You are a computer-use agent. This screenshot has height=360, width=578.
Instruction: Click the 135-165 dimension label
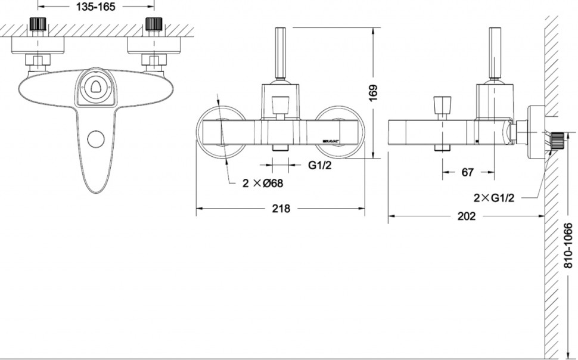[x=97, y=7]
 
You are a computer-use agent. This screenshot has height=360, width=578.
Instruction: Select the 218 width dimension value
[x=281, y=209]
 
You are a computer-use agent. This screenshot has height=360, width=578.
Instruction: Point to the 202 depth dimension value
[x=466, y=216]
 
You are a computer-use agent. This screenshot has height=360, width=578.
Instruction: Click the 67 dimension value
[x=467, y=172]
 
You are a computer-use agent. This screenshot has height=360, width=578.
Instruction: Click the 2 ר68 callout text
[x=262, y=184]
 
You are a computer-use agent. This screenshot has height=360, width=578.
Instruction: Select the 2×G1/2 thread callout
[x=493, y=197]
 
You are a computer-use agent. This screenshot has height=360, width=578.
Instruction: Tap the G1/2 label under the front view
[x=320, y=166]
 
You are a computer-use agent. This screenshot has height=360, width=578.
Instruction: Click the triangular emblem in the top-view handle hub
[x=95, y=88]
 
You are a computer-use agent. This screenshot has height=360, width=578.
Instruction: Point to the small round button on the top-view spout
[x=95, y=139]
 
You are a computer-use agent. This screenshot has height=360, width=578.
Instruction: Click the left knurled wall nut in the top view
[x=39, y=25]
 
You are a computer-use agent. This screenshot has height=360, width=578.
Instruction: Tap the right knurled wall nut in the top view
[x=153, y=25]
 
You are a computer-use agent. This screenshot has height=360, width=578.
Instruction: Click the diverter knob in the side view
[x=442, y=106]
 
